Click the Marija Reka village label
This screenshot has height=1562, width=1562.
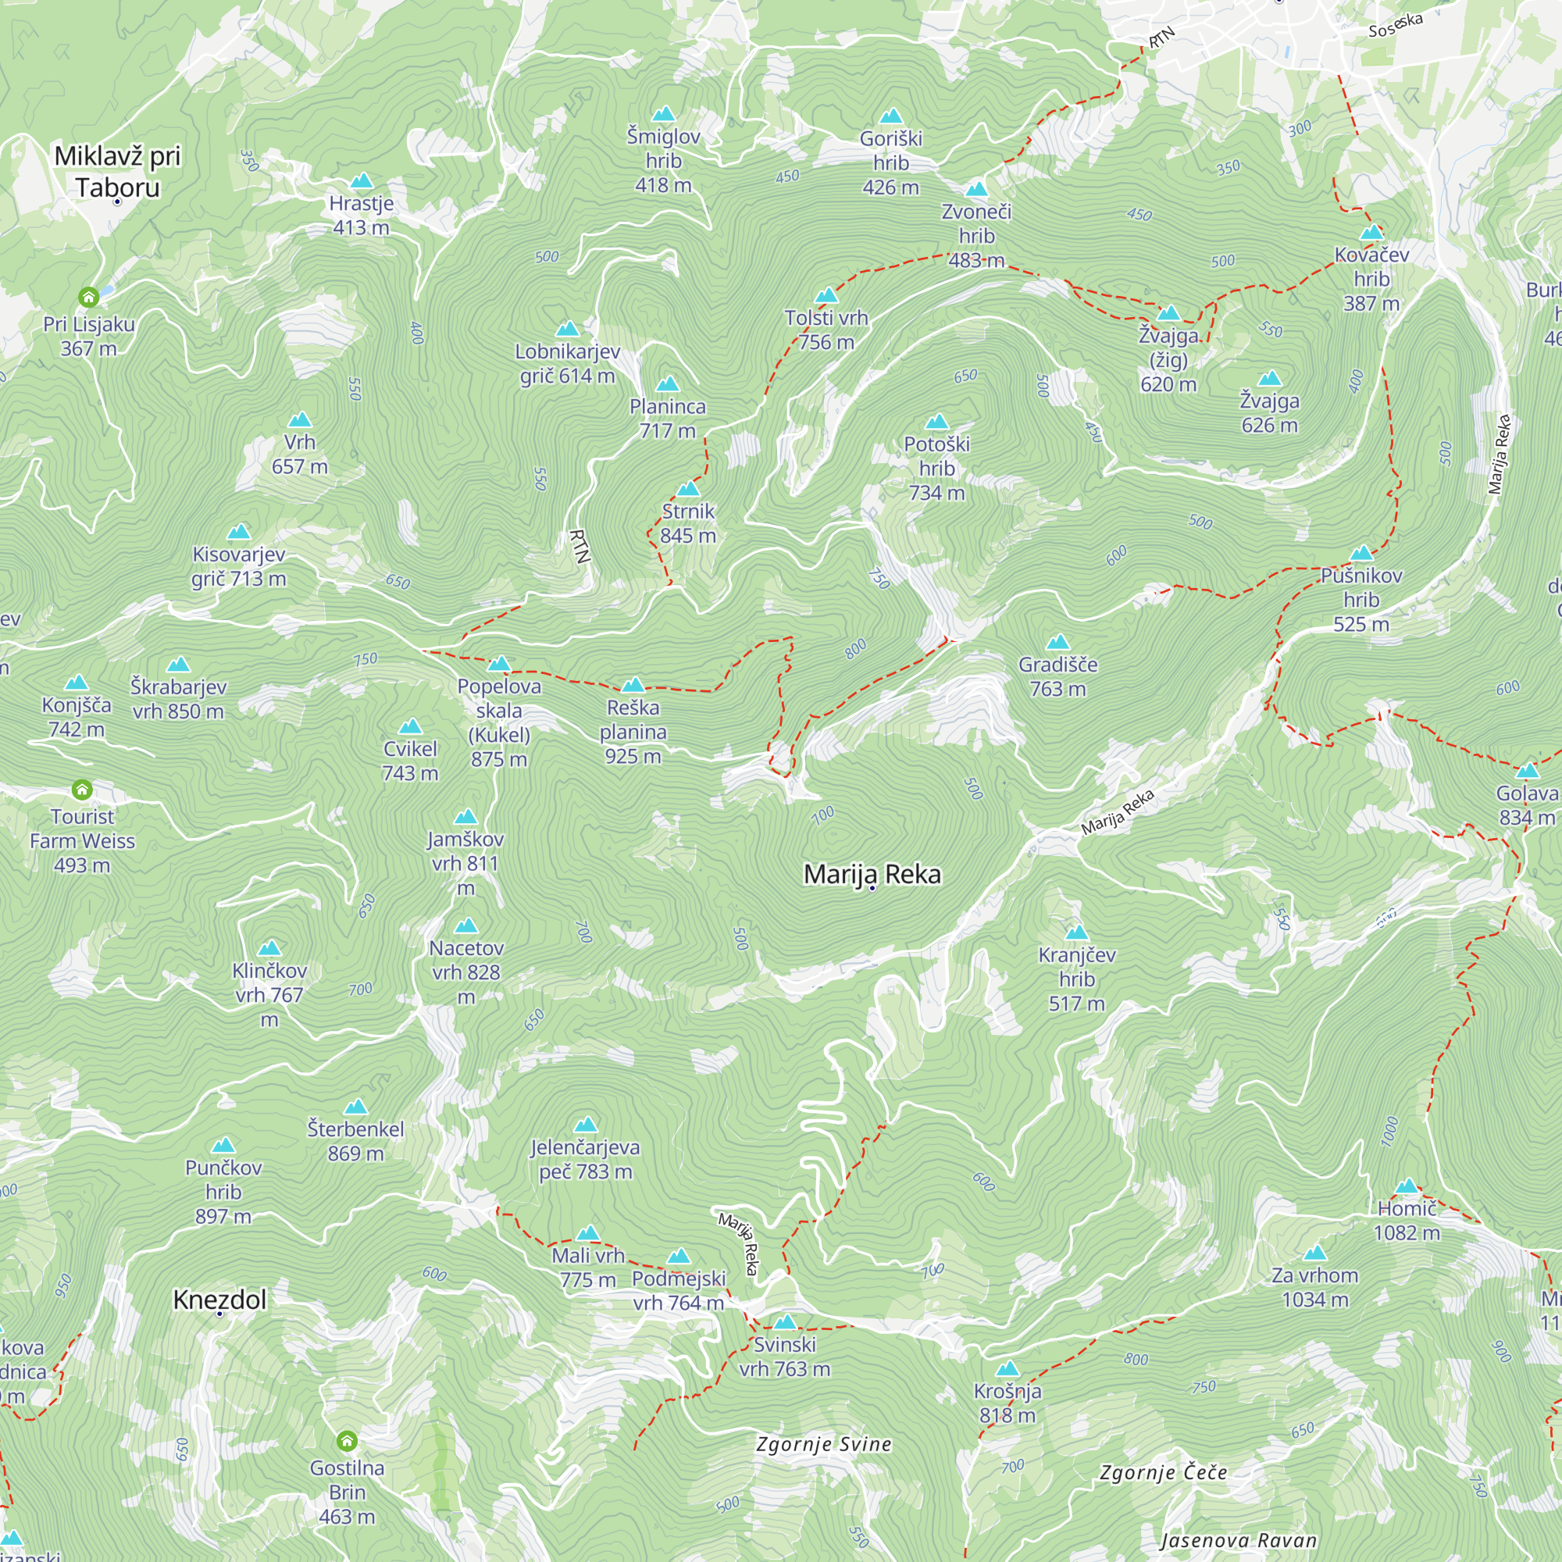tap(872, 874)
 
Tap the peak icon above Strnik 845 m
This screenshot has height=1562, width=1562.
tap(688, 488)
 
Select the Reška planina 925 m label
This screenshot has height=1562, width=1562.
tap(633, 732)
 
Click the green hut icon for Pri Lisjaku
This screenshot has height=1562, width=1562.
tap(89, 298)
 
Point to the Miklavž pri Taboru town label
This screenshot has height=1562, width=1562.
tap(117, 171)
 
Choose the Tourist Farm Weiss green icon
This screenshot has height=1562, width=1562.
tap(82, 789)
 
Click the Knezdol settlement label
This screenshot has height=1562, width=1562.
tap(220, 1300)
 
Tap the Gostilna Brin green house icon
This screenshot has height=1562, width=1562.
tap(347, 1441)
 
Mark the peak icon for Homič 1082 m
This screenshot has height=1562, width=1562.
tap(1407, 1186)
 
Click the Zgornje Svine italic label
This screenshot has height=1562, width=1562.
tap(824, 1445)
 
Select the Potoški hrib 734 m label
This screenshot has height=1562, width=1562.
tap(936, 468)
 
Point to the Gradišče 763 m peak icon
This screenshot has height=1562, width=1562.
tap(1057, 643)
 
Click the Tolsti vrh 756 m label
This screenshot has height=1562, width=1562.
tap(826, 330)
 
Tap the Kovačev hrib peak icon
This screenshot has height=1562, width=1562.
tap(1371, 233)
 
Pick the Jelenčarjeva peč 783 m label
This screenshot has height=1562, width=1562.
tap(585, 1159)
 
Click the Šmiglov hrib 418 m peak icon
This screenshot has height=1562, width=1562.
tap(663, 114)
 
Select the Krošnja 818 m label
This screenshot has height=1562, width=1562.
tap(1007, 1403)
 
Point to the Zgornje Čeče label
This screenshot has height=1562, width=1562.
tap(1163, 1472)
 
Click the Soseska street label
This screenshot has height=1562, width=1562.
tap(1396, 25)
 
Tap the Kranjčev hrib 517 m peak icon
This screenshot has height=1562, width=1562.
tap(1076, 933)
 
